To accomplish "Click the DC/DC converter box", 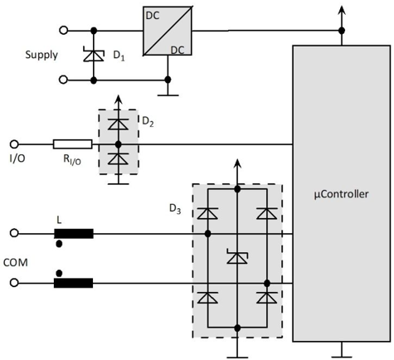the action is (x=168, y=31).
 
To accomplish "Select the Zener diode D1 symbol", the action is (x=94, y=55).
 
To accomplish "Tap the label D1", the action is (x=119, y=56).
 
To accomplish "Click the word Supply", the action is (x=41, y=55).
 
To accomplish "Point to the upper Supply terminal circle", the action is (x=64, y=31).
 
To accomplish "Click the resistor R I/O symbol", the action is (x=73, y=144).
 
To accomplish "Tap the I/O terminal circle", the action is (x=14, y=144).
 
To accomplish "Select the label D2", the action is (x=148, y=121).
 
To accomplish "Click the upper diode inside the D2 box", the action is (x=118, y=124).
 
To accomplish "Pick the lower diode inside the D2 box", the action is (x=118, y=158).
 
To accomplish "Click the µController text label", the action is (x=341, y=194).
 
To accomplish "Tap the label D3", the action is (x=175, y=209).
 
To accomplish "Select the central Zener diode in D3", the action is (x=237, y=256).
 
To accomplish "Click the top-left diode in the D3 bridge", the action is (x=207, y=213).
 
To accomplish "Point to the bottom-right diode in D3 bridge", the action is (x=267, y=298).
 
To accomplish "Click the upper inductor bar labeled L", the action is (x=74, y=234).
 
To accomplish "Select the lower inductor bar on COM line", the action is (x=73, y=283).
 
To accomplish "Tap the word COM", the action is (x=16, y=262).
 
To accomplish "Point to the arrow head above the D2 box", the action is (x=118, y=100).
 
